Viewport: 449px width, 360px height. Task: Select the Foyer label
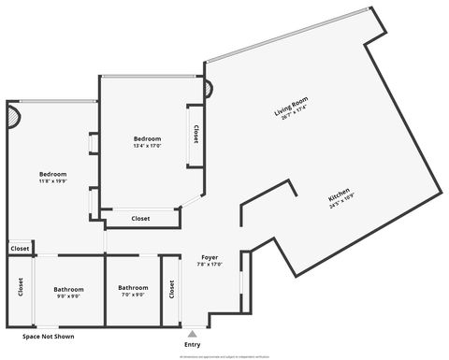click(x=210, y=256)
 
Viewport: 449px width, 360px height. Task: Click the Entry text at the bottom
click(x=192, y=345)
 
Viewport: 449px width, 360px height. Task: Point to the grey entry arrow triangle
click(x=192, y=332)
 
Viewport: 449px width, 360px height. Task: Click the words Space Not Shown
click(x=49, y=337)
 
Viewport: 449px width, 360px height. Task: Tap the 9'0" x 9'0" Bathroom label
click(x=68, y=289)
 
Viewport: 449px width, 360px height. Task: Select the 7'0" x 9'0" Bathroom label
click(x=133, y=288)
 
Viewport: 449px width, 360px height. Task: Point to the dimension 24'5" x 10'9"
click(x=343, y=208)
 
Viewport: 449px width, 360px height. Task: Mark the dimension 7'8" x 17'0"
click(x=210, y=264)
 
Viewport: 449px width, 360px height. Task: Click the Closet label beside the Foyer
click(x=171, y=290)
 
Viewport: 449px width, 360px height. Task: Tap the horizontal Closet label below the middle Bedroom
click(x=140, y=219)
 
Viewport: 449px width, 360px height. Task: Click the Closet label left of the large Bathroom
click(x=20, y=289)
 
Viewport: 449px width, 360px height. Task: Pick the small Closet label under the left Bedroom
click(x=19, y=249)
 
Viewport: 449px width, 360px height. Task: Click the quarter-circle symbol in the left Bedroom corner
click(x=13, y=117)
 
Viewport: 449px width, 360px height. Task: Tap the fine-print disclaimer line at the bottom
click(x=224, y=356)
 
